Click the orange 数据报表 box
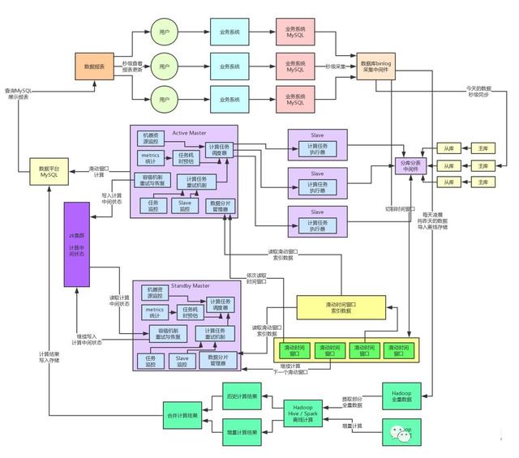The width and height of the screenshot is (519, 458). tap(94, 66)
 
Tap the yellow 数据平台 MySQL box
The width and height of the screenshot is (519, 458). tap(48, 171)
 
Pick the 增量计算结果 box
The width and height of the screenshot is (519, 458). tap(241, 432)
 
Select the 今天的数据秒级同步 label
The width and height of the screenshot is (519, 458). tap(478, 91)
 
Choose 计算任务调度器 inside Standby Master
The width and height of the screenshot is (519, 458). tap(220, 304)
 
